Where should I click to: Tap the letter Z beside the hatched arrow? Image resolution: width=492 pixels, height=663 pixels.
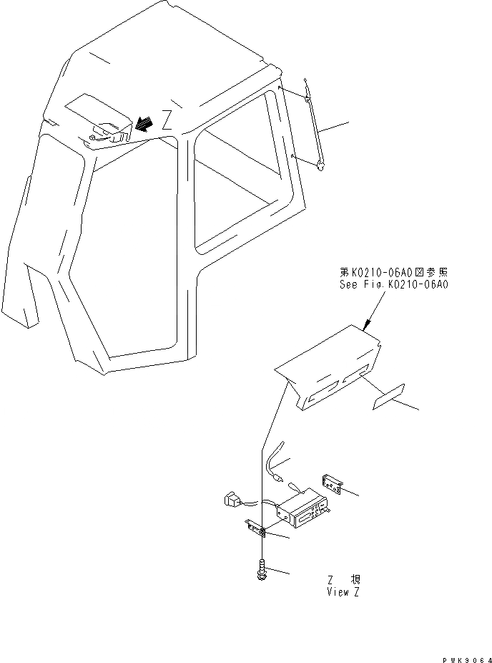coord(167,117)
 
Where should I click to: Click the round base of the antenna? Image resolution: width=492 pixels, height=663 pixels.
coord(322,166)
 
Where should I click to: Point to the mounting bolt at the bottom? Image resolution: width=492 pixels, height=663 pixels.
coord(262,571)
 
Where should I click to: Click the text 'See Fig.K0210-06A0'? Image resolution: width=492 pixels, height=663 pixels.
coord(393,284)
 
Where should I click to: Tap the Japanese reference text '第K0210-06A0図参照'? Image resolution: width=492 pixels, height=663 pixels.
coord(393,272)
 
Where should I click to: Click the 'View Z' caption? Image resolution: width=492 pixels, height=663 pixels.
coord(338,592)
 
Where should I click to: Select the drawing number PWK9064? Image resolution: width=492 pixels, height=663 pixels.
coord(465,657)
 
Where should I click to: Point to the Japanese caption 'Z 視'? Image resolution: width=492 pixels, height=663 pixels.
coord(339,580)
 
